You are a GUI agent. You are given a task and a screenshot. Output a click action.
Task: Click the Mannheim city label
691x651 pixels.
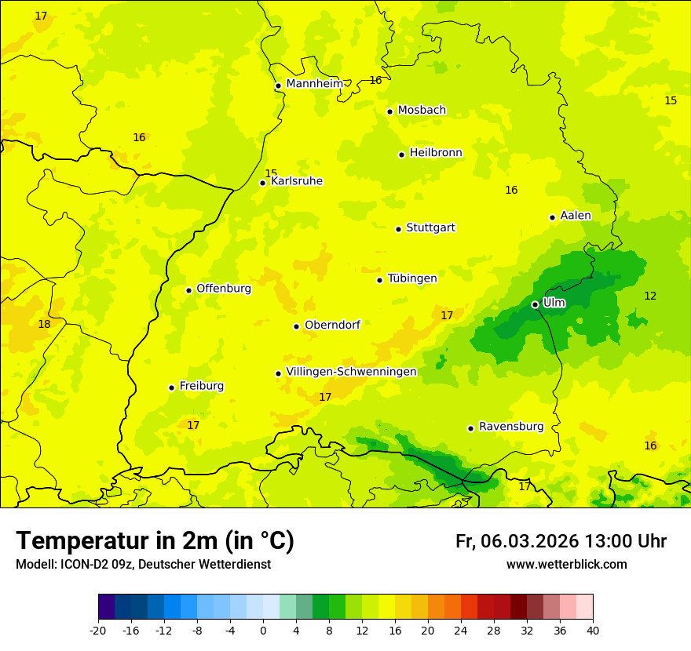314,83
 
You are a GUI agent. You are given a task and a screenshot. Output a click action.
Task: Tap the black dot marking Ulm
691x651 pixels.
535,304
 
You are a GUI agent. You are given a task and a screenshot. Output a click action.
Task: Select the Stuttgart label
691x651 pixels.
430,227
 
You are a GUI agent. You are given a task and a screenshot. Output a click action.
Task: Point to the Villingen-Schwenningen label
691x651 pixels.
351,372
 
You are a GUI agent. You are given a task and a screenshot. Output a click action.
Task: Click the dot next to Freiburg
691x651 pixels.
171,387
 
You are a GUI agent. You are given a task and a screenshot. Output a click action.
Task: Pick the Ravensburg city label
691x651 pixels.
511,427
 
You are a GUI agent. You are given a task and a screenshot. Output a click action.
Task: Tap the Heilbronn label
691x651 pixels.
436,153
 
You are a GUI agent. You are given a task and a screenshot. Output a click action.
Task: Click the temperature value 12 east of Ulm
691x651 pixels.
650,296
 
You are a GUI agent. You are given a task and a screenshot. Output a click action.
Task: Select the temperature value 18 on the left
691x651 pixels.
44,324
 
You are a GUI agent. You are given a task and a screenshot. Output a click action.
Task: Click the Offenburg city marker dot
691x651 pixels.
188,290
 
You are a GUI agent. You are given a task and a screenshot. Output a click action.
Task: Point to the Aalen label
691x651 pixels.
576,216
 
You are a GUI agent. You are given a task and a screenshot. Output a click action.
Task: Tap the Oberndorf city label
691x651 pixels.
332,325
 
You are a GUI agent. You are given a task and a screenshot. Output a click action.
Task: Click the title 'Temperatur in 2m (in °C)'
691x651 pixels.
155,541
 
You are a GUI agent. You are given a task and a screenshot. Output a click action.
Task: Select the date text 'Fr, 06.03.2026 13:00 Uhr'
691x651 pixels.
561,541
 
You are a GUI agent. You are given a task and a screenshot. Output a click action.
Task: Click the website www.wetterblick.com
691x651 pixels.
566,565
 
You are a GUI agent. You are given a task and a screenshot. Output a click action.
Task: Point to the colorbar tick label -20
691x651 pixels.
98,630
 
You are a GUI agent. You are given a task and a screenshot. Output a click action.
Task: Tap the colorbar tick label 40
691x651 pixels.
593,630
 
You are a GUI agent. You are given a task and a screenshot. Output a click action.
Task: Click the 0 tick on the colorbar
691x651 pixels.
263,630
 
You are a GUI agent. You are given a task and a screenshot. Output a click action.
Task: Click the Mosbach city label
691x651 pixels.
422,110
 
